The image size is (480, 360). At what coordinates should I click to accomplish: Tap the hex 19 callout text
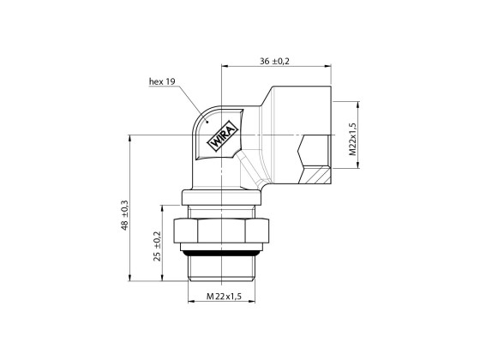pos(162,81)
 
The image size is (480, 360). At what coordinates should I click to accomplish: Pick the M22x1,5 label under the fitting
pos(223,296)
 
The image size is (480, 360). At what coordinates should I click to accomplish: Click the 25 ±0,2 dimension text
pos(156,245)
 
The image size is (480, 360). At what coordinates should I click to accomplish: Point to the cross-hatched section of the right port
pos(316,175)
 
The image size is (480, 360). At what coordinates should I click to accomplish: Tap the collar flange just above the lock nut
pos(223,209)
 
